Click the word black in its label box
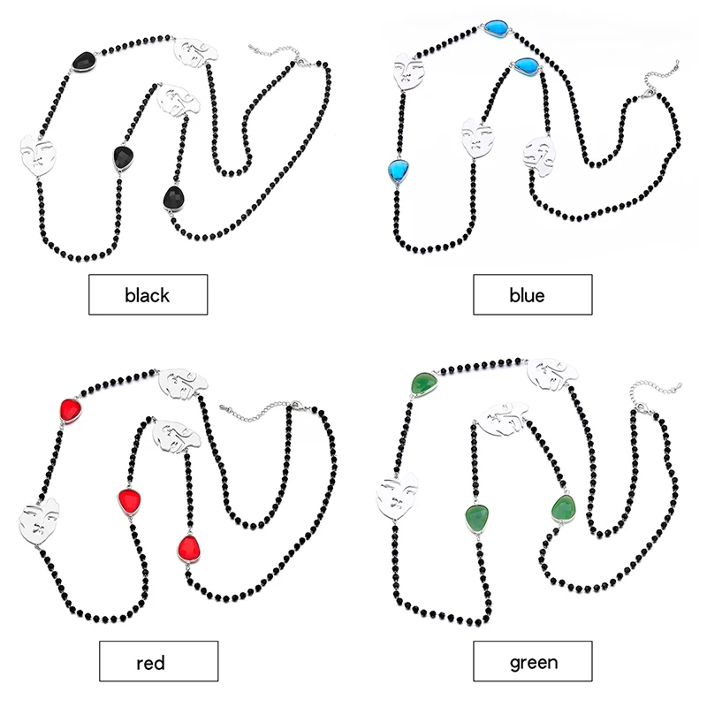(x=147, y=295)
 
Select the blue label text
(x=527, y=295)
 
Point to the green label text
(x=534, y=663)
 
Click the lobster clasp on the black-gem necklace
(x=299, y=60)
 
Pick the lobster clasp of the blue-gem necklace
(x=647, y=94)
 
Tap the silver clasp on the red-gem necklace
(x=294, y=405)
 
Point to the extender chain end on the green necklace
(x=679, y=386)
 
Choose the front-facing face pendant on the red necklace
(x=38, y=521)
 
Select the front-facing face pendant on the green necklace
(x=397, y=496)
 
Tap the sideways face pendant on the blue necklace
(x=540, y=151)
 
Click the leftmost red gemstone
(x=71, y=410)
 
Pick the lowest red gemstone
(x=189, y=549)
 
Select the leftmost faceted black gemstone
(x=84, y=61)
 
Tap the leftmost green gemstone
(x=424, y=384)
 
